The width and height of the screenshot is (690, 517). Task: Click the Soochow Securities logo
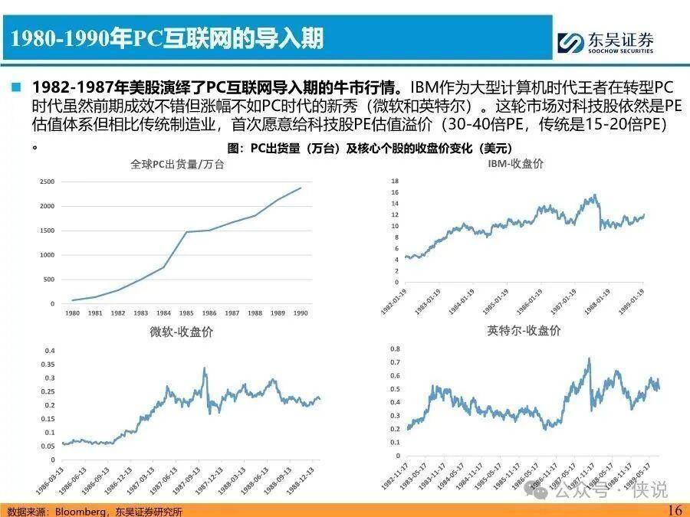(x=605, y=42)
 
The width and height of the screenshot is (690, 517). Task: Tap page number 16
(x=674, y=510)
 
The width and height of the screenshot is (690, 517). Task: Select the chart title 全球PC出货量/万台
(x=177, y=164)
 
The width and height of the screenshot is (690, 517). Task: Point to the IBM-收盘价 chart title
(x=515, y=164)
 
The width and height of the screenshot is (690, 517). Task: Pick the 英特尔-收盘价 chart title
(x=524, y=331)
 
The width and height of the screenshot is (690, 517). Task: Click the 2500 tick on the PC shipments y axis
(x=47, y=182)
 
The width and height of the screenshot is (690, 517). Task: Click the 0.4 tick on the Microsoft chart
(x=49, y=351)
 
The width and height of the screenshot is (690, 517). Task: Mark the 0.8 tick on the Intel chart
(x=395, y=348)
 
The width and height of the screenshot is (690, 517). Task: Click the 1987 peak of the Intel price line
(x=589, y=358)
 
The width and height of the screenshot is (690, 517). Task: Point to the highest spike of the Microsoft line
(x=205, y=368)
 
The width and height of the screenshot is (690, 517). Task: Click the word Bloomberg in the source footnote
(x=77, y=511)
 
